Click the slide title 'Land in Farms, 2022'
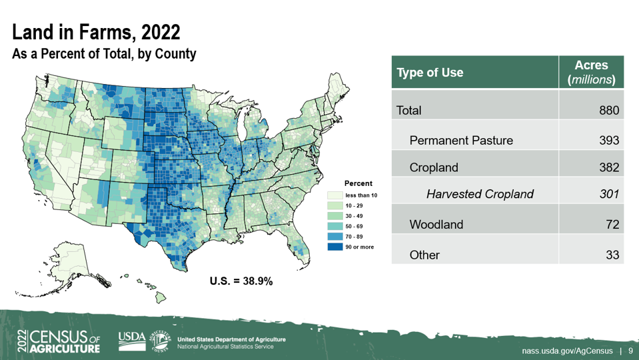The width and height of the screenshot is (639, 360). (96, 32)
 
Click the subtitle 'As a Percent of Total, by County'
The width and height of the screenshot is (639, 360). (104, 54)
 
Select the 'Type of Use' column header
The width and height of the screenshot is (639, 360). (430, 72)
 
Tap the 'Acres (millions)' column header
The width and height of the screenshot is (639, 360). (591, 72)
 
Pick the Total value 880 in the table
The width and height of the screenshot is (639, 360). (608, 111)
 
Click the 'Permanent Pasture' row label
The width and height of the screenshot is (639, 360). (461, 140)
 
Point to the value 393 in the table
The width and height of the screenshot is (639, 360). (608, 140)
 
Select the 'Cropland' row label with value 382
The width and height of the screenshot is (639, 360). (434, 167)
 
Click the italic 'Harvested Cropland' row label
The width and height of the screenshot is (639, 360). (480, 194)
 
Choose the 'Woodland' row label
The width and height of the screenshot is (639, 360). (436, 224)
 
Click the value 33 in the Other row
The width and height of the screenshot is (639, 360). (612, 255)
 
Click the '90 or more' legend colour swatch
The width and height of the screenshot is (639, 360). (334, 247)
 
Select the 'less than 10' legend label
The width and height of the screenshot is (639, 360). (361, 195)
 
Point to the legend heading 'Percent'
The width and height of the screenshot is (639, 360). (358, 183)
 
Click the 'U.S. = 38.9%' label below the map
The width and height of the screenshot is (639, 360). (241, 281)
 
